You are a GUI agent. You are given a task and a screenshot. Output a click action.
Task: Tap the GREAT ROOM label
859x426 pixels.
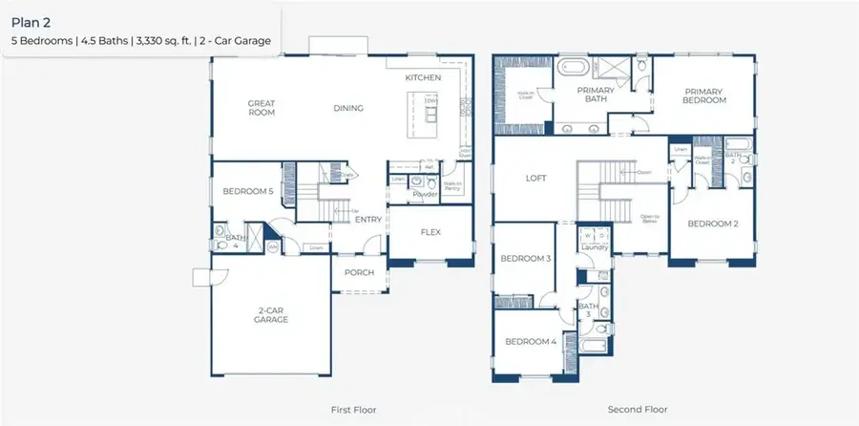point(262,107)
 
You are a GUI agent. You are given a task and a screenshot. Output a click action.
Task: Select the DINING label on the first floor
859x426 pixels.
point(348,108)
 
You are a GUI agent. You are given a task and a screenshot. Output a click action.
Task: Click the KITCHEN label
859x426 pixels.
point(423,76)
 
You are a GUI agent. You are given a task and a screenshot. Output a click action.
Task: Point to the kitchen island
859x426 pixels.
point(428,109)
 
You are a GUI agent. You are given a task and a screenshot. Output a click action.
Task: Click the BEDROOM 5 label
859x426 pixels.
point(248,191)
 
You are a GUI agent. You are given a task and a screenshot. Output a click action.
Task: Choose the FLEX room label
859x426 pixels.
point(430,231)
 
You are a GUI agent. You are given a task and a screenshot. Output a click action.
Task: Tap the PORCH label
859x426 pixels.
point(359,272)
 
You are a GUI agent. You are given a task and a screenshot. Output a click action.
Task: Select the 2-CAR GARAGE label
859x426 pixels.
point(273,314)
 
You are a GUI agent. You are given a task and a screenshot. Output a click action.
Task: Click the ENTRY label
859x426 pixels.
point(368,220)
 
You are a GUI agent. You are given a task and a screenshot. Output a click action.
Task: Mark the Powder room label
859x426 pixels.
point(425,195)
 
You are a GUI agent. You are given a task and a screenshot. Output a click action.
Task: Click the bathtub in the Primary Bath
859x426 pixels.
point(575,69)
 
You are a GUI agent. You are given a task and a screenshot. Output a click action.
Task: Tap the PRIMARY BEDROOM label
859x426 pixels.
point(704,96)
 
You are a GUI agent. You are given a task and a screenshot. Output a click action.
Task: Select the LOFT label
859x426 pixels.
point(536,178)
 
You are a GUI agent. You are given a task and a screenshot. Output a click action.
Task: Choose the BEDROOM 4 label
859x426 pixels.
point(531,341)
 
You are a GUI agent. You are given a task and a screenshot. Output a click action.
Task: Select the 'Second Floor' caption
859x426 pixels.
point(637,409)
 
